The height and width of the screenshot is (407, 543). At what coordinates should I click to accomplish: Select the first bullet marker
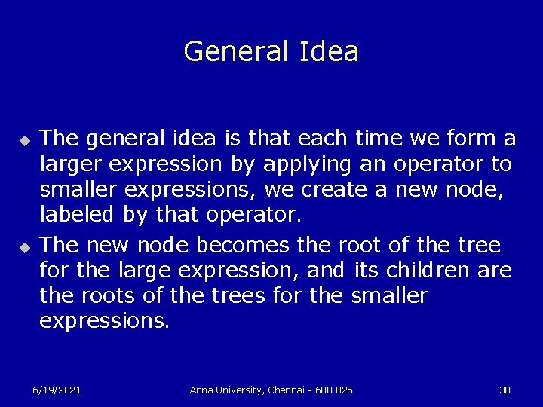[x=24, y=140]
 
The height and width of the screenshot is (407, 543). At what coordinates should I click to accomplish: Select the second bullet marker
[x=24, y=245]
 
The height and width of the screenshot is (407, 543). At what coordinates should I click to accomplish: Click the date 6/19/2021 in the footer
[x=57, y=390]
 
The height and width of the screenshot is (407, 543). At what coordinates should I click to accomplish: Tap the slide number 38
[x=505, y=390]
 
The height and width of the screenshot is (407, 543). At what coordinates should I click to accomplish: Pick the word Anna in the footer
[x=201, y=390]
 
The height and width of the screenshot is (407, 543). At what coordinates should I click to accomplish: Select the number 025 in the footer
[x=343, y=390]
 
